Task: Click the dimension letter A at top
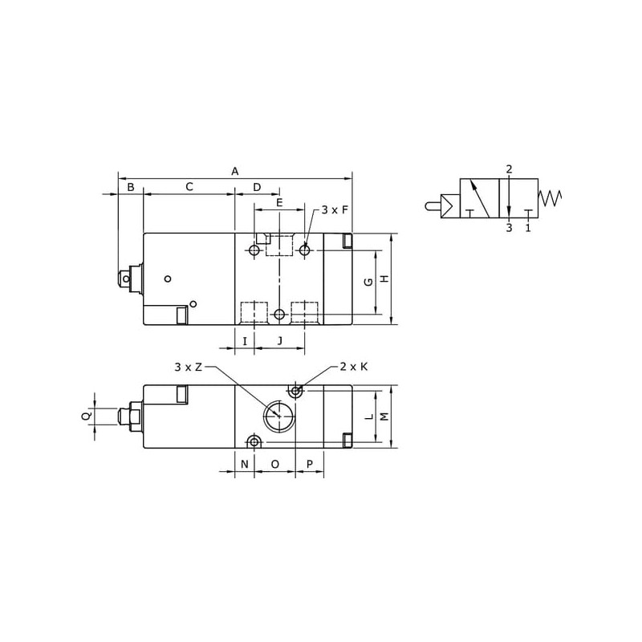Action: [234, 171]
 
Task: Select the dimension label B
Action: [131, 187]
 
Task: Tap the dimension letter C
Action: [189, 187]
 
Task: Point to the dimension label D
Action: [257, 187]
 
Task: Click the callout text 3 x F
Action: [335, 210]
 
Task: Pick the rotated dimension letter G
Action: [368, 282]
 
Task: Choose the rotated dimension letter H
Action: [384, 278]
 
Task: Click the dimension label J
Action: [280, 340]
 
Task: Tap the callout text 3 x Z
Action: [189, 367]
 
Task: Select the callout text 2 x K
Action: [354, 367]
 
